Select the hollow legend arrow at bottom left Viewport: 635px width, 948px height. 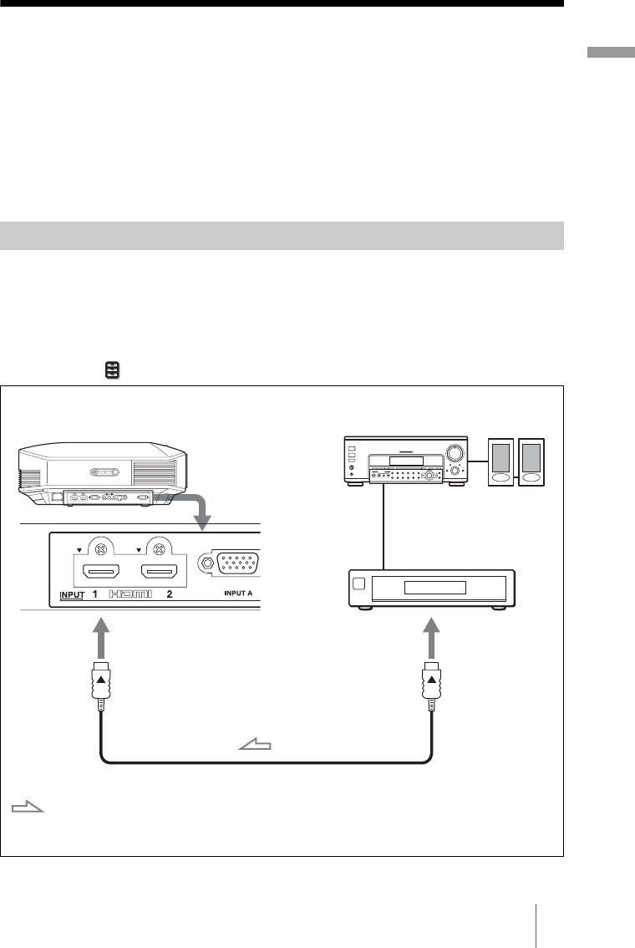[28, 808]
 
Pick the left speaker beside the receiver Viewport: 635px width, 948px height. [501, 461]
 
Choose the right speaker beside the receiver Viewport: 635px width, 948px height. [531, 461]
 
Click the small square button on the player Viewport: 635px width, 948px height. [358, 584]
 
